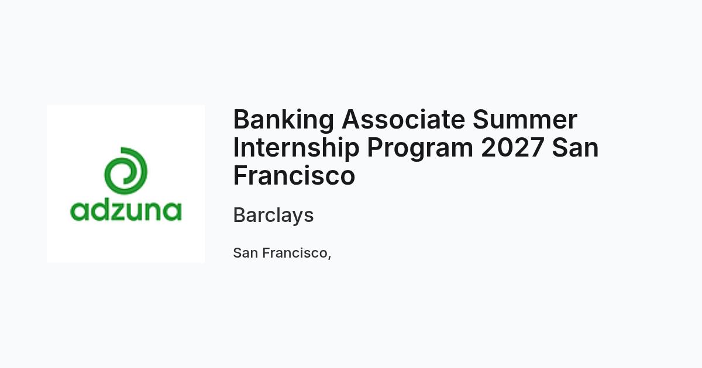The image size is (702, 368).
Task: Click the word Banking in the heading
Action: click(283, 120)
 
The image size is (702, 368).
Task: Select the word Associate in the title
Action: click(403, 119)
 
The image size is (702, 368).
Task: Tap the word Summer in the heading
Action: click(525, 119)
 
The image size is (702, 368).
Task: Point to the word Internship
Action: click(296, 148)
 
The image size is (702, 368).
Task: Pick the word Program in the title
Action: click(420, 148)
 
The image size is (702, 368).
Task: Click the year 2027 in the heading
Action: click(512, 147)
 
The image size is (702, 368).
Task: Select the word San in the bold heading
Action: click(575, 147)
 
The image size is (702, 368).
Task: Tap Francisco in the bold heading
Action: click(294, 176)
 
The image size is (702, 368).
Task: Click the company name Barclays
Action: click(273, 216)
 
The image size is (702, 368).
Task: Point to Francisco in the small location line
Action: click(295, 253)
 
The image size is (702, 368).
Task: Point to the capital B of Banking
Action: click(242, 119)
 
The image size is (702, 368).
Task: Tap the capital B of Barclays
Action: click(240, 215)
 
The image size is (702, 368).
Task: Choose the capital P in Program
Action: click(376, 147)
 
